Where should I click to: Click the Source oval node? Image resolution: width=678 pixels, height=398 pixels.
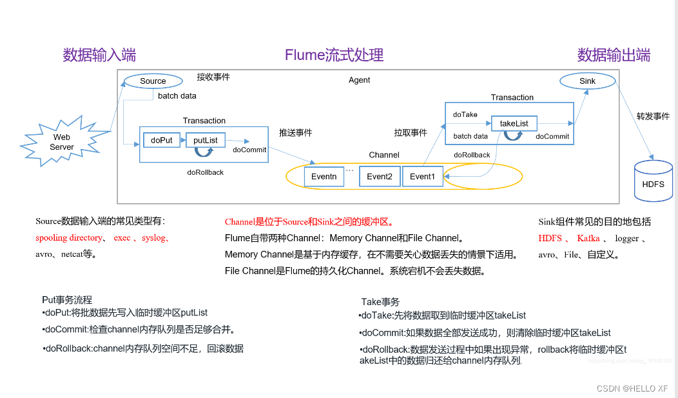153,81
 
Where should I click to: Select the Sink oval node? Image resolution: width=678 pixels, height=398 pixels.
588,81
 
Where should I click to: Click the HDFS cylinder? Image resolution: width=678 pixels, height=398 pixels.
653,184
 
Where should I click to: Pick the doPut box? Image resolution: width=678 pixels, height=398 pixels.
161,140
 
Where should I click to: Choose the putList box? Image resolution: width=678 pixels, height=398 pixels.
206,140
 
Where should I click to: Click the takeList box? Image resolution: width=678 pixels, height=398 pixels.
514,123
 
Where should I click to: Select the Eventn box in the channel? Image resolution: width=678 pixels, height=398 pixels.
324,177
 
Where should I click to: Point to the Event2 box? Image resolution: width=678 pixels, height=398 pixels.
380,177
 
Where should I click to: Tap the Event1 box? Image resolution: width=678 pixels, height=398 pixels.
423,177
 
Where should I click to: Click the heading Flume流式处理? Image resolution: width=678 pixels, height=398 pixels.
334,55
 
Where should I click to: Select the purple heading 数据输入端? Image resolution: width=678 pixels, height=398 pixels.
99,55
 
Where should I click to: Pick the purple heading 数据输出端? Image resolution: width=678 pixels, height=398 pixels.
614,55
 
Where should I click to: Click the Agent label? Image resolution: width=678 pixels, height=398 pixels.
360,81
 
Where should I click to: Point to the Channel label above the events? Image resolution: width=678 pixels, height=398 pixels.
384,155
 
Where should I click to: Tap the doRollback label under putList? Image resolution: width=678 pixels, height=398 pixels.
206,172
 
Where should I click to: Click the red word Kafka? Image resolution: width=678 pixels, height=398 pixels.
588,239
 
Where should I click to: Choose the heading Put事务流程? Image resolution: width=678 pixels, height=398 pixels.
67,300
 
